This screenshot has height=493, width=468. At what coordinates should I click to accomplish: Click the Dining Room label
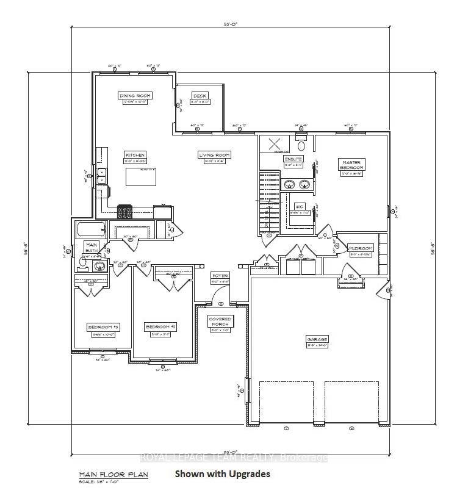[x=136, y=96]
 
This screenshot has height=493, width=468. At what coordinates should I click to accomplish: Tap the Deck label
[x=200, y=96]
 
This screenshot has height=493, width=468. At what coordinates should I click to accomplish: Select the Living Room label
[x=213, y=155]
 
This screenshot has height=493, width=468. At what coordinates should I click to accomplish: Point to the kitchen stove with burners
[x=124, y=212]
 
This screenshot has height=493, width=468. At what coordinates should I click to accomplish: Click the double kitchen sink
[x=102, y=176]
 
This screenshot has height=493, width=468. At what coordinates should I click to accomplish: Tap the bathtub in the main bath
[x=90, y=231]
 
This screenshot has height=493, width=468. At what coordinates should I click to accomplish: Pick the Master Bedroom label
[x=351, y=164]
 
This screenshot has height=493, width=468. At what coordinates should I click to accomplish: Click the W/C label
[x=300, y=206]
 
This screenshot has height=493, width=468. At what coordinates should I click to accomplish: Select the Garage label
[x=317, y=339]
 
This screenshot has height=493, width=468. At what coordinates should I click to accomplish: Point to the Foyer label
[x=219, y=275]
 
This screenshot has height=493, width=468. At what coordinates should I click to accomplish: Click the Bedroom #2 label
[x=160, y=327]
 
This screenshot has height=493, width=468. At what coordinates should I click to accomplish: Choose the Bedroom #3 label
[x=103, y=327]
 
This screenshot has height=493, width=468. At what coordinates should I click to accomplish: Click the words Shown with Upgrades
[x=222, y=473]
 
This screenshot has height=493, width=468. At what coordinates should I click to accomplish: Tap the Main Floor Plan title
[x=113, y=474]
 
